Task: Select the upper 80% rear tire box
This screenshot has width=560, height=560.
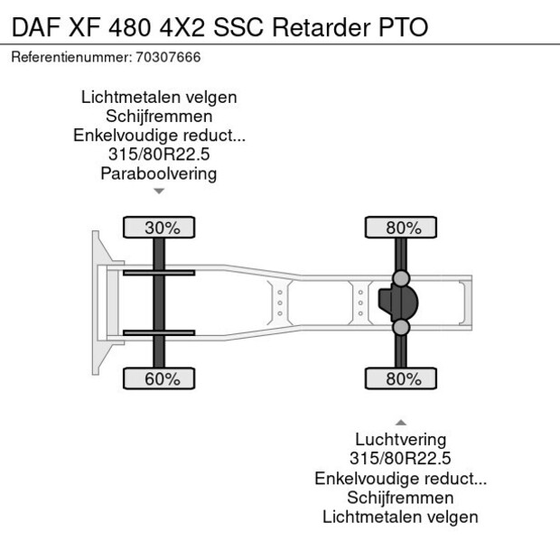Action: pos(403,228)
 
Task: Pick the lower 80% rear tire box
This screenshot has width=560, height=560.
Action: pos(403,378)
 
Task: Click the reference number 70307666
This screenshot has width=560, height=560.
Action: pos(169,57)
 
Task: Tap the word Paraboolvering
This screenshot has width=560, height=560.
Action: pos(158,173)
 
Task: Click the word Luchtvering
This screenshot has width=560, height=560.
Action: pos(400,440)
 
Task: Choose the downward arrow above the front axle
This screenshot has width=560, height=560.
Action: pos(159,191)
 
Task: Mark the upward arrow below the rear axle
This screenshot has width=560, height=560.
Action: pos(400,422)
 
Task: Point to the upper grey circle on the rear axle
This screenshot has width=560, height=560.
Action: pos(401,277)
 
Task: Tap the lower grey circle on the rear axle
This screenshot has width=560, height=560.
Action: pos(401,328)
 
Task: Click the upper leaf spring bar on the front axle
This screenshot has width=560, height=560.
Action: pos(159,273)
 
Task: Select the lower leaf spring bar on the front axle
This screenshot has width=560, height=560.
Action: pos(159,332)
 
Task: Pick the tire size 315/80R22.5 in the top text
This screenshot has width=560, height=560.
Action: pos(158,154)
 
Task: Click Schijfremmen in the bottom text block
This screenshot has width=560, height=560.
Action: pos(400,498)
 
